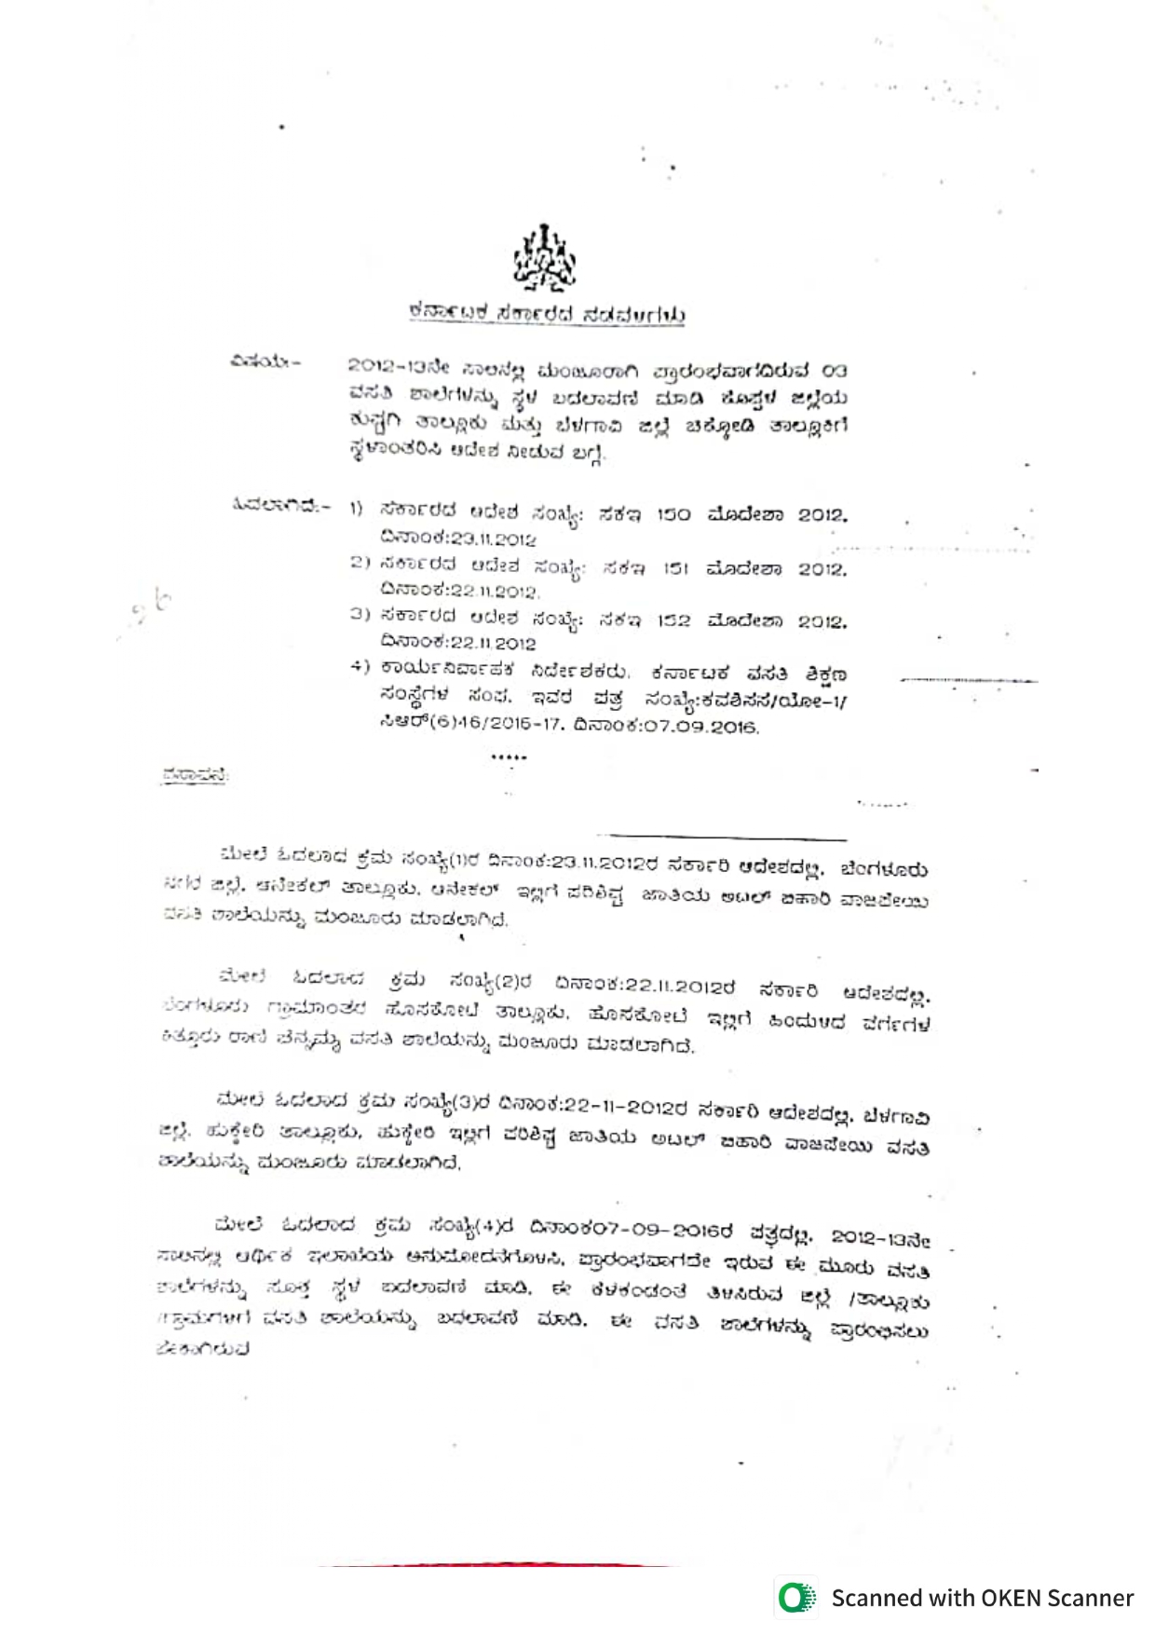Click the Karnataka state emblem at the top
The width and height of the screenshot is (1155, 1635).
(x=546, y=258)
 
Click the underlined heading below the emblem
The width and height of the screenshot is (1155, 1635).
(x=547, y=314)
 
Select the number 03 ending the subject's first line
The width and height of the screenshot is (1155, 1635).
(x=834, y=371)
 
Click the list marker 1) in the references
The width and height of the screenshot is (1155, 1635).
(x=356, y=509)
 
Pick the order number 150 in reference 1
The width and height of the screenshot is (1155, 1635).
(x=673, y=514)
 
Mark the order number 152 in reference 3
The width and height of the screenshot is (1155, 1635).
(x=673, y=620)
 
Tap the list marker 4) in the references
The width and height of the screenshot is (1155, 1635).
(x=359, y=667)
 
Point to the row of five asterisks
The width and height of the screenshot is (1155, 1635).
(x=509, y=757)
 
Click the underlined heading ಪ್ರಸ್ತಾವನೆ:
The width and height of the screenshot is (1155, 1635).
(x=195, y=775)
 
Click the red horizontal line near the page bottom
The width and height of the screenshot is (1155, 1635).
(x=494, y=1565)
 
